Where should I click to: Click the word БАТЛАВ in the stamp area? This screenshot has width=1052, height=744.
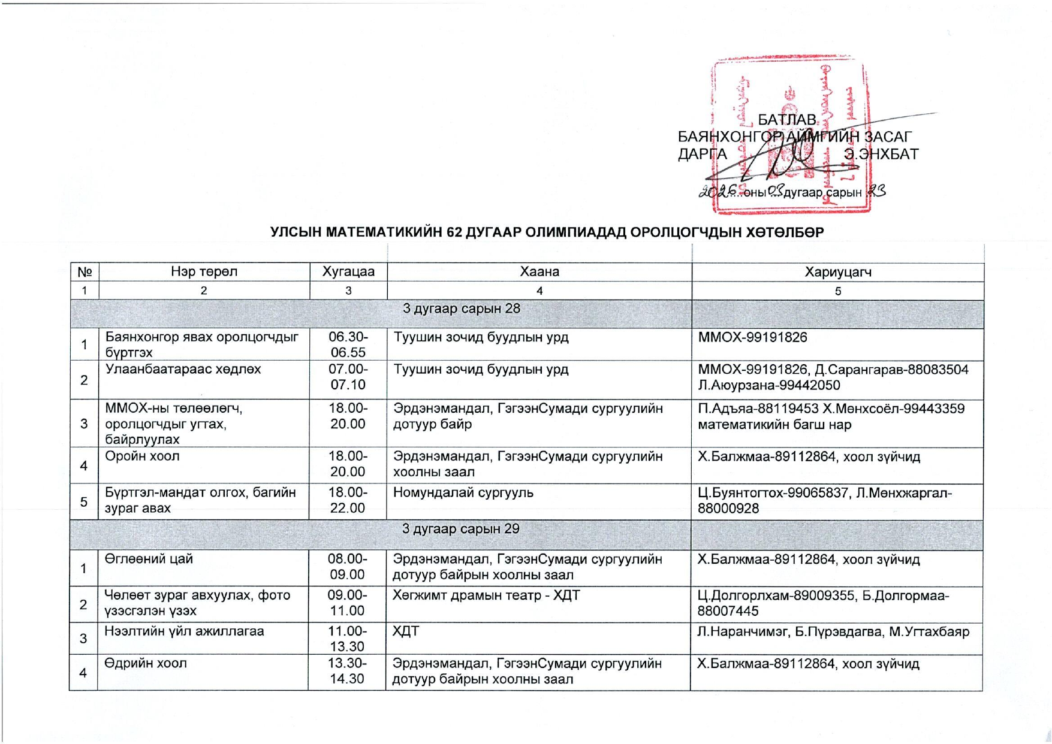tap(787, 120)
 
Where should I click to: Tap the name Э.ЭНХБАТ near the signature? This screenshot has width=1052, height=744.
tap(881, 155)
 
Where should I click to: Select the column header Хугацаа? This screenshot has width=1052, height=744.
tap(348, 271)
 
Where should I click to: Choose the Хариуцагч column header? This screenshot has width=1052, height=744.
tap(837, 272)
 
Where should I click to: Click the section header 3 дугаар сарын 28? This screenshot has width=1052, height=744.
tap(461, 309)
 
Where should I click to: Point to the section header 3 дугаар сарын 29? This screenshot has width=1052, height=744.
tap(460, 529)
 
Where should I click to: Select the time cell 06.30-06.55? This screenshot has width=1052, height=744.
tap(348, 344)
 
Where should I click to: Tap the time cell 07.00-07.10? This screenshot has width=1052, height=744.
tap(348, 377)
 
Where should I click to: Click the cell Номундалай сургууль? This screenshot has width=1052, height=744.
tap(463, 493)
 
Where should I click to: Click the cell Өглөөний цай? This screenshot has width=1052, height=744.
tap(149, 559)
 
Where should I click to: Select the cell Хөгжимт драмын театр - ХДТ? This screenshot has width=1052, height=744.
tap(486, 595)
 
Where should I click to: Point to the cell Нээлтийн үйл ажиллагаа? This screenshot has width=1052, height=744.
tap(184, 631)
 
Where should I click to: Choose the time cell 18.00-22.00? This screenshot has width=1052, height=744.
tap(348, 500)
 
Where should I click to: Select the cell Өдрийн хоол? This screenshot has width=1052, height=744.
tap(146, 663)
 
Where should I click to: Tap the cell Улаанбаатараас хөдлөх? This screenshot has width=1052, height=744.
tap(183, 369)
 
